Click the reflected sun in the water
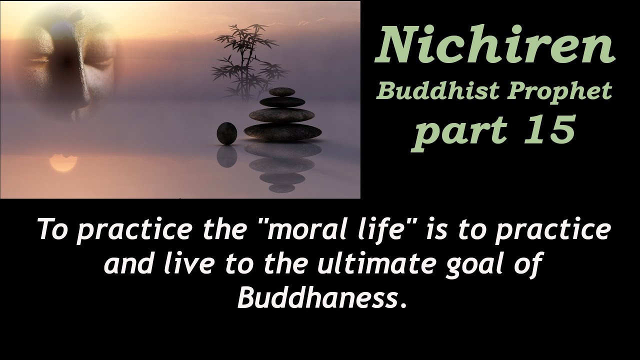(62, 163)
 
